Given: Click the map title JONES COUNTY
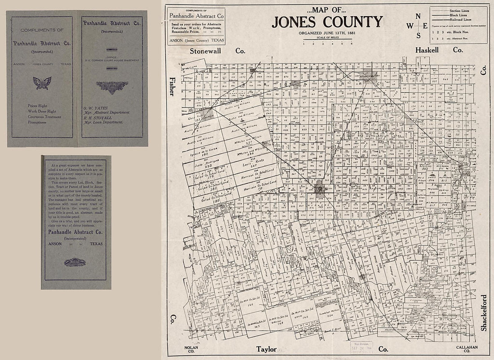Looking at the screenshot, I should (327, 22).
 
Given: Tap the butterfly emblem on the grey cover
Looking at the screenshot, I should (42, 83).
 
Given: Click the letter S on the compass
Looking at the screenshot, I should (418, 36).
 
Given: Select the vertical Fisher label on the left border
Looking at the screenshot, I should (172, 87).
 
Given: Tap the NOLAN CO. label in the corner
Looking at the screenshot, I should (191, 349).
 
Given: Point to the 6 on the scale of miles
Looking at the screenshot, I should (351, 44).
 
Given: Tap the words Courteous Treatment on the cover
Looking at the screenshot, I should (44, 116).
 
